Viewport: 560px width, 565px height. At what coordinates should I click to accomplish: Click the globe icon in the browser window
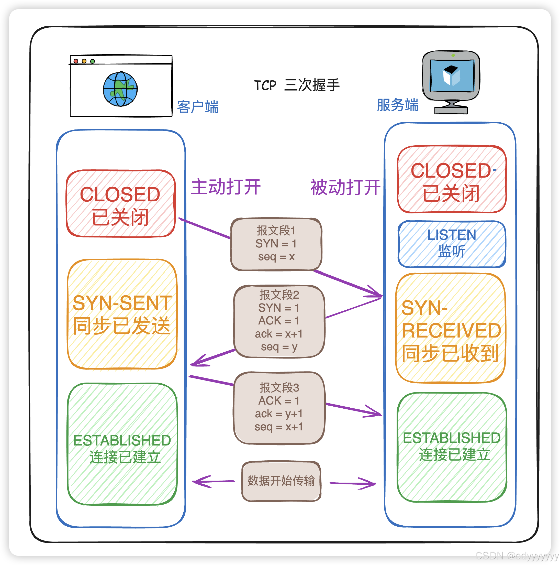click(x=120, y=89)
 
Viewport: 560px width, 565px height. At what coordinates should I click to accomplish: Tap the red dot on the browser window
click(x=76, y=61)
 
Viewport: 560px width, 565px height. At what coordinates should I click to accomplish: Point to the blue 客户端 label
click(x=198, y=107)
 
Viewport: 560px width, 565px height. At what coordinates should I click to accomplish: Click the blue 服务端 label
click(x=397, y=105)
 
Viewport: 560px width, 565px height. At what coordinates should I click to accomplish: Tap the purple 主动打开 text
click(x=226, y=187)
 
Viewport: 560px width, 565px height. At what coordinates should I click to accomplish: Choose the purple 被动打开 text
click(x=345, y=187)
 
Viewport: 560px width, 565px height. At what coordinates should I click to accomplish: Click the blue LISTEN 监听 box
click(x=452, y=244)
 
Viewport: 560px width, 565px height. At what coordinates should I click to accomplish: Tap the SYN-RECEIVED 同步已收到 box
click(x=450, y=328)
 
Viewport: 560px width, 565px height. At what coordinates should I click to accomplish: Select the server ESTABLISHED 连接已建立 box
click(x=452, y=447)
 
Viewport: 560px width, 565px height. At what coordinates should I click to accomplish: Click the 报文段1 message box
click(x=276, y=244)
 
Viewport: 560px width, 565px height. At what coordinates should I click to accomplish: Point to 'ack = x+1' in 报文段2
click(x=278, y=334)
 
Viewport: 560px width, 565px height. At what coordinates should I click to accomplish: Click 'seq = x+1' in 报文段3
click(x=278, y=427)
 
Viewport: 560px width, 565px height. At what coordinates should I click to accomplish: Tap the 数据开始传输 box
click(x=281, y=481)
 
